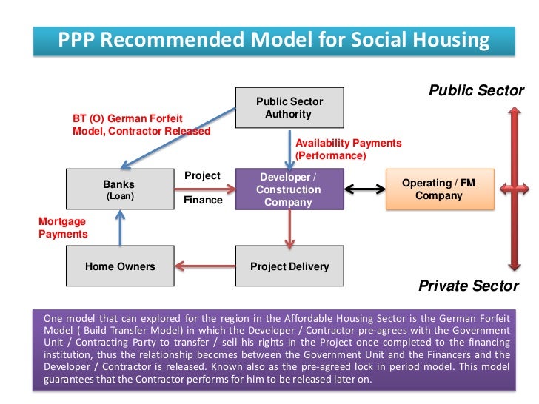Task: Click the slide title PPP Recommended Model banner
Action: coord(274,39)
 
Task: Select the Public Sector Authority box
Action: coord(289,108)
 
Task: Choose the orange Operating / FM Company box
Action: coord(439,189)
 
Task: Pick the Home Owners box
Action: coord(120,266)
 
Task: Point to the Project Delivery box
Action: coord(289,266)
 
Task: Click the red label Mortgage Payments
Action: coord(62,228)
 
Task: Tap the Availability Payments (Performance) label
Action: coord(348,149)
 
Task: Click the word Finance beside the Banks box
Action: coord(202,200)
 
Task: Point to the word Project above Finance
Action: coord(202,176)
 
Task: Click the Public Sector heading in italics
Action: coord(476,91)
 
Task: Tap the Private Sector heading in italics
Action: coord(469,286)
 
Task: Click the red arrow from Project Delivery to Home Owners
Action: coord(204,266)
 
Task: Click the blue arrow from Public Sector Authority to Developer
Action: coord(289,147)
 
